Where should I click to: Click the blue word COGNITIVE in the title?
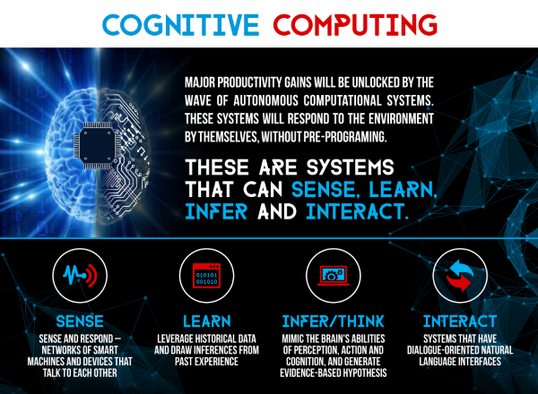point(180,25)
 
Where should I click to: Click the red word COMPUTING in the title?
point(355,25)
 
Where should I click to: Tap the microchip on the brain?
point(98,146)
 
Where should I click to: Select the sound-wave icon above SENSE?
point(80,275)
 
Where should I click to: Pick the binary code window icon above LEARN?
point(206,276)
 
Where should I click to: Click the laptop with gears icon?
point(334,276)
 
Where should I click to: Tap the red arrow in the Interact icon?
point(459,283)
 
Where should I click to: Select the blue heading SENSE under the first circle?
point(80,321)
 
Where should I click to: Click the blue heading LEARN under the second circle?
point(206,321)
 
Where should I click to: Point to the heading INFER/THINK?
point(333,321)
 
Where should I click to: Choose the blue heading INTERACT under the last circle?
point(460,321)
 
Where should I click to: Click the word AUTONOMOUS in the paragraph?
point(266,100)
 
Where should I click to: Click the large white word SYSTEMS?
point(351,167)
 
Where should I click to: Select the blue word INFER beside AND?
point(216,211)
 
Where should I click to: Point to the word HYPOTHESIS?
point(363,373)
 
